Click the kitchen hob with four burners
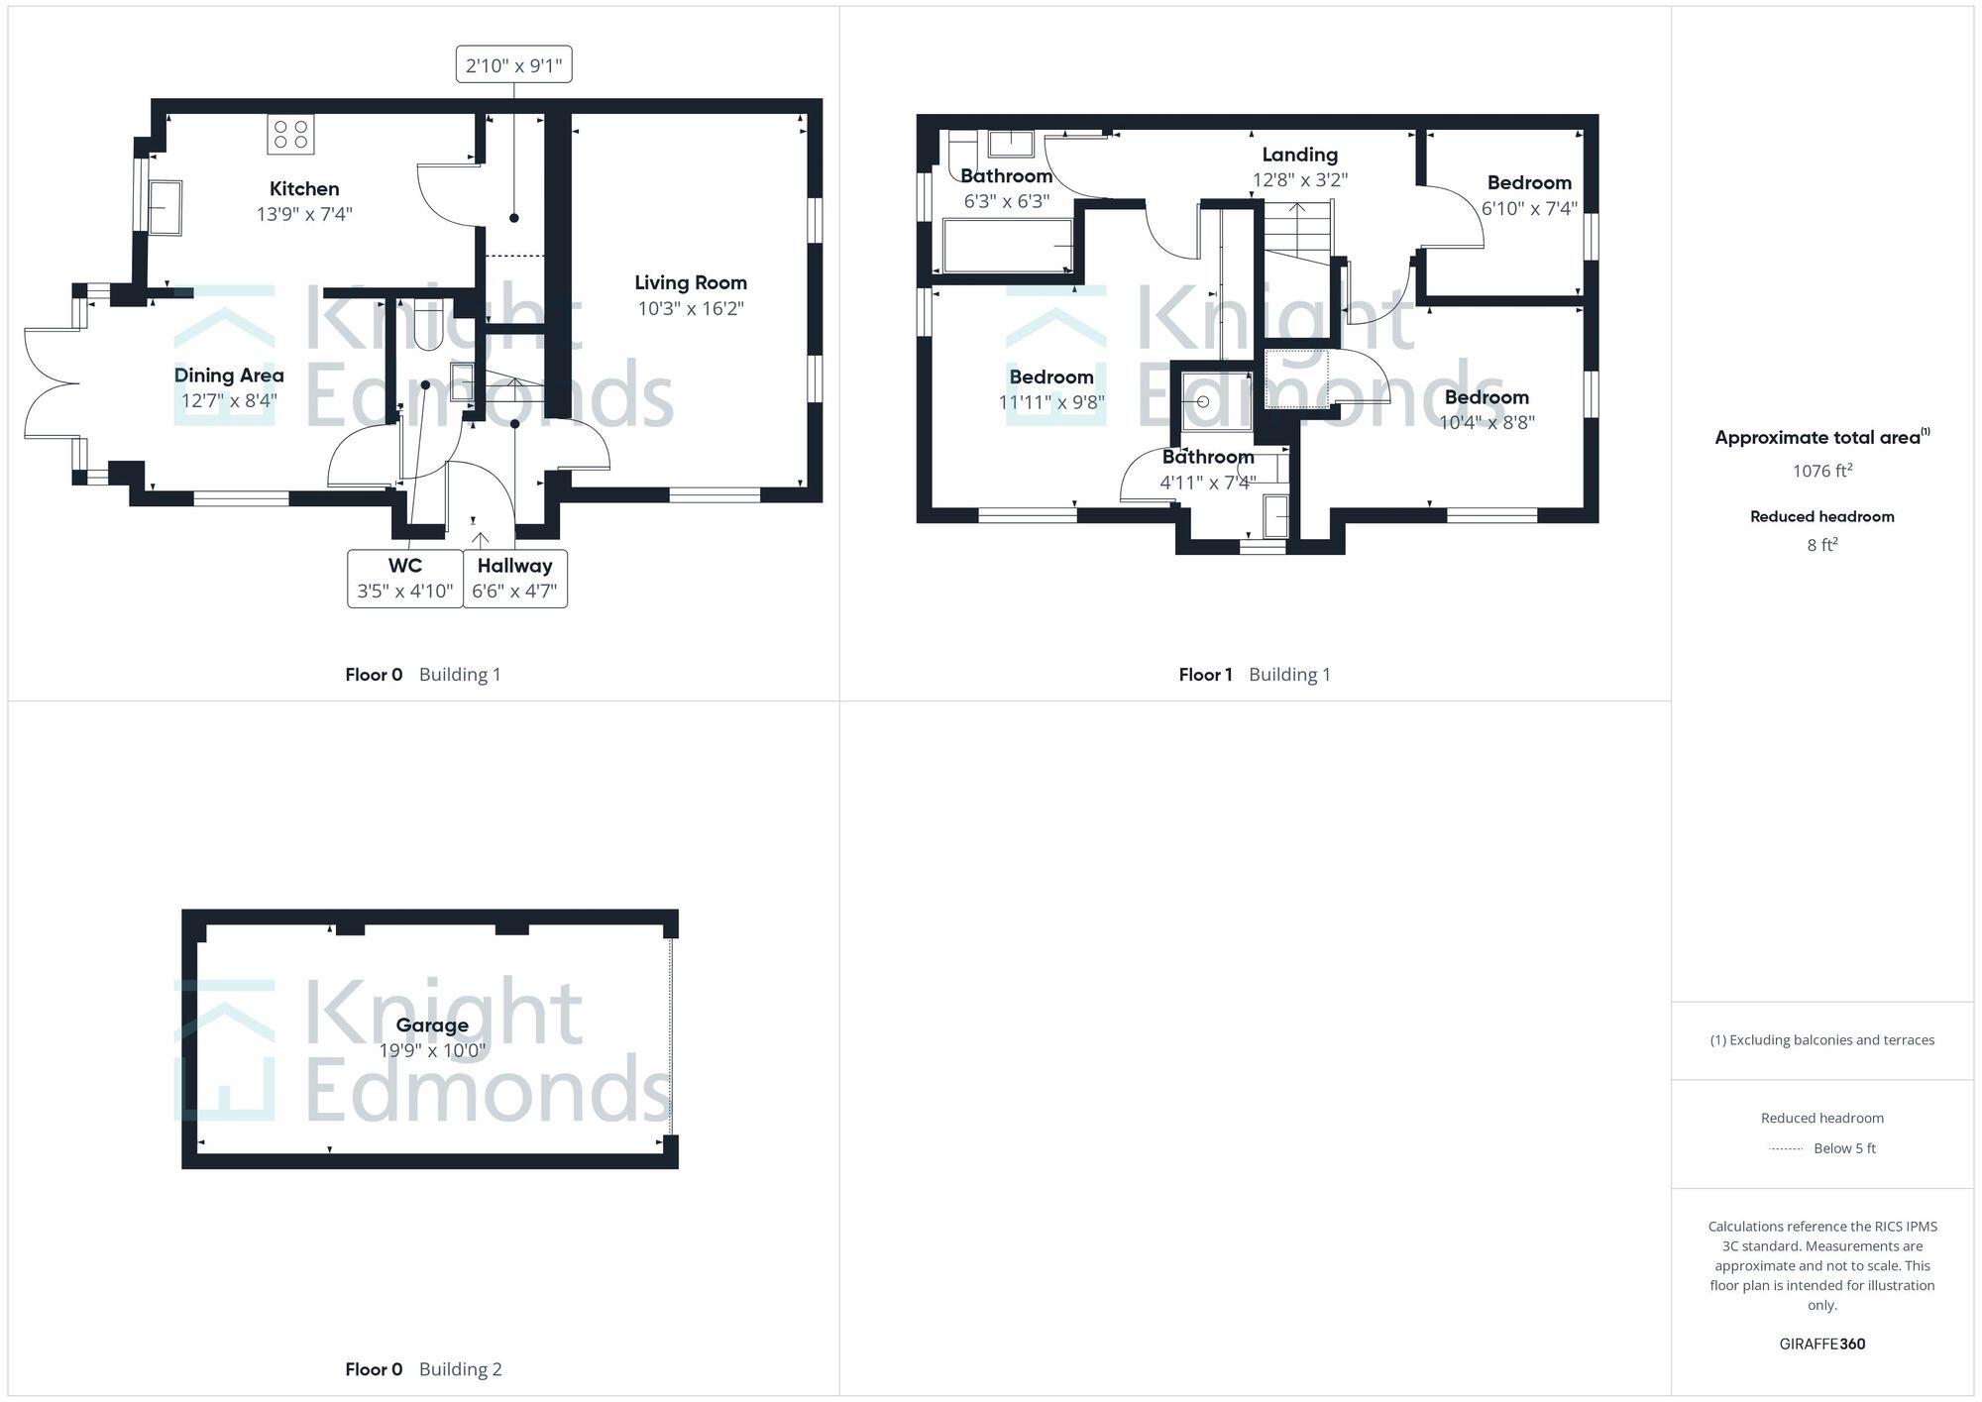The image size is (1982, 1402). tap(290, 134)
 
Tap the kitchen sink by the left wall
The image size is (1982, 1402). tap(165, 207)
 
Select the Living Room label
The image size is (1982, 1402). tap(691, 282)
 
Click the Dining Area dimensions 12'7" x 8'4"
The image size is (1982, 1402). tap(229, 400)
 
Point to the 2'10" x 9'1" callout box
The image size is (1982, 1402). tap(513, 65)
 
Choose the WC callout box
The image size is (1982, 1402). tap(405, 579)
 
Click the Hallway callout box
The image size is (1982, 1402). tap(514, 579)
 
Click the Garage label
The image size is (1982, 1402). tap(432, 1025)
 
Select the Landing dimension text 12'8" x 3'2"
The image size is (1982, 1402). tap(1300, 180)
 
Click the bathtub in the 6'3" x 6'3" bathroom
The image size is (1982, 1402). tap(1008, 245)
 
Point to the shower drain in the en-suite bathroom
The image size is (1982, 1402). tap(1203, 402)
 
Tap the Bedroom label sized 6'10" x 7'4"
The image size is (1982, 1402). tap(1529, 182)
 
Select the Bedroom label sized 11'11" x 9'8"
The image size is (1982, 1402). tap(1051, 377)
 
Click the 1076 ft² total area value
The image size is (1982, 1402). tap(1821, 471)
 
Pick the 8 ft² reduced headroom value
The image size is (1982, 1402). tap(1821, 545)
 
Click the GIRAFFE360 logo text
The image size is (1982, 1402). tap(1821, 1344)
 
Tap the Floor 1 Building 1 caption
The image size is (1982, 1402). tap(1255, 675)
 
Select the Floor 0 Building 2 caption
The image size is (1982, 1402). tap(423, 1369)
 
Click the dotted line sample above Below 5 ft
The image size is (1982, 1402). tap(1786, 1149)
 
